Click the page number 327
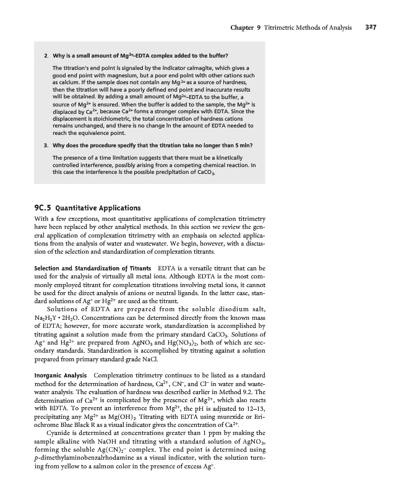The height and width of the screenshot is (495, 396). [371, 27]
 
